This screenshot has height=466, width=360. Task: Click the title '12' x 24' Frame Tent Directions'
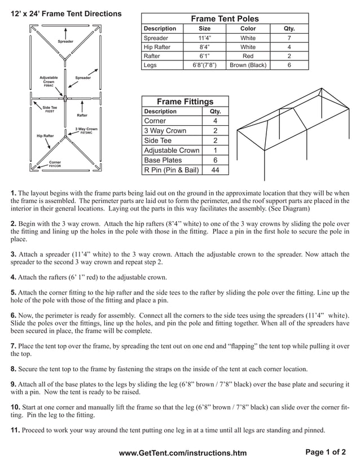[66, 14]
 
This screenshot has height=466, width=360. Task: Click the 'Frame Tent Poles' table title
[225, 19]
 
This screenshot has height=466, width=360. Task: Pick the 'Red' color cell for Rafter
[248, 56]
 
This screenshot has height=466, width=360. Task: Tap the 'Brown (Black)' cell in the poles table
[248, 65]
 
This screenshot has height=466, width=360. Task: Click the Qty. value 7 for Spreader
[289, 38]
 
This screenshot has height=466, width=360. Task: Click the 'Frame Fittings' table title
[185, 102]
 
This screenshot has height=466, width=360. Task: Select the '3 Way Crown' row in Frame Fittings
[165, 131]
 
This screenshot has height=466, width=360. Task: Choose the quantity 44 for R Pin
[215, 170]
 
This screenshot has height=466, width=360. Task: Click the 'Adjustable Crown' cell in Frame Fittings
[172, 151]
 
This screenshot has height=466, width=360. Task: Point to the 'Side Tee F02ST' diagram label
[49, 108]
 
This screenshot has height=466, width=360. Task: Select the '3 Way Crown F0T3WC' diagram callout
[86, 131]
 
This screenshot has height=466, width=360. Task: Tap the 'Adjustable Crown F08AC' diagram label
[49, 81]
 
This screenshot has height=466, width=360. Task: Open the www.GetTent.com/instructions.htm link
[183, 453]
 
